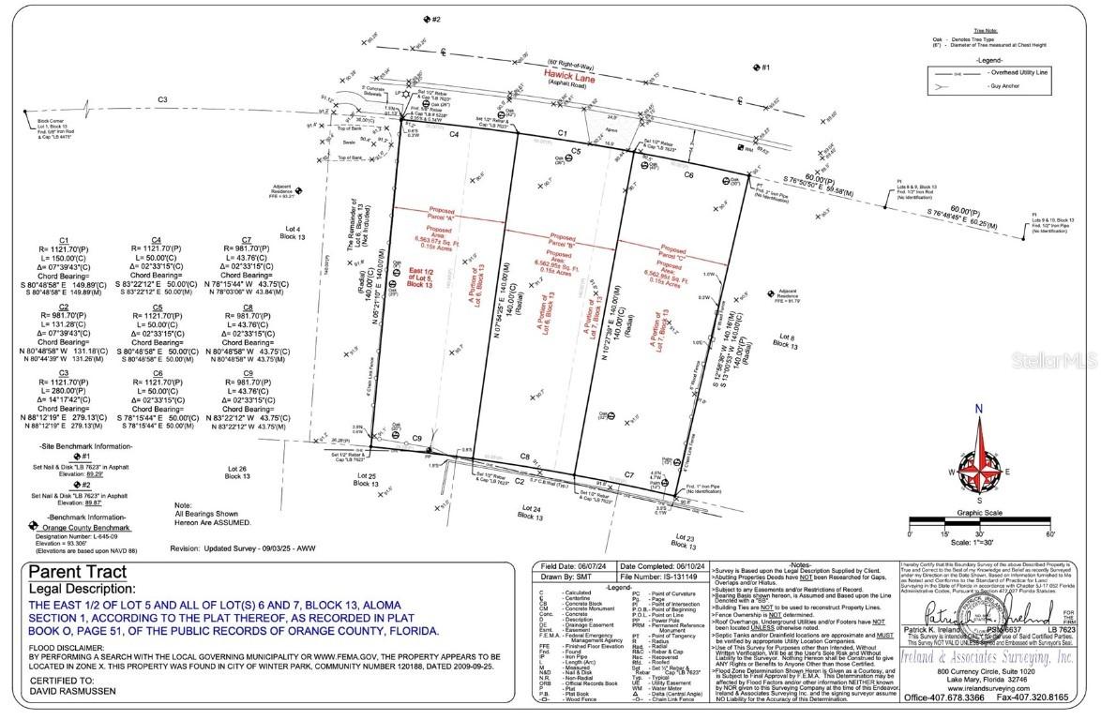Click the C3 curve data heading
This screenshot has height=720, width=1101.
tap(64, 372)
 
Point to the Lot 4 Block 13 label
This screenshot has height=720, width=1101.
tap(293, 233)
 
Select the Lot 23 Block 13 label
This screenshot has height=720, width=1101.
tap(686, 541)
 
